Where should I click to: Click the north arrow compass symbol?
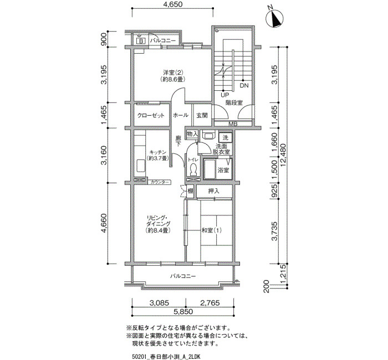(x=274, y=18)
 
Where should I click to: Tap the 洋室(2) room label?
(x=173, y=73)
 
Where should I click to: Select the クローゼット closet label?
(x=151, y=115)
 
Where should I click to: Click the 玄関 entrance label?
(x=202, y=115)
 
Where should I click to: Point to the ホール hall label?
(x=180, y=115)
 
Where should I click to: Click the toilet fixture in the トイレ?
(x=193, y=169)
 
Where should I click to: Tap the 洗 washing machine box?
(x=226, y=137)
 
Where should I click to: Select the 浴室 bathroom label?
(x=223, y=170)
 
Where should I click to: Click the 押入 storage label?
(x=214, y=191)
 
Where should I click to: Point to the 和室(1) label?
(x=212, y=230)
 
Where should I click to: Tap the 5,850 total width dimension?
(x=183, y=311)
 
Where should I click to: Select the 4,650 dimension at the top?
(x=173, y=4)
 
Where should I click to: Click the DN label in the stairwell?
(x=244, y=85)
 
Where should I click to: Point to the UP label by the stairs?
(x=225, y=95)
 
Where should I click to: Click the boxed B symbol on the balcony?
(x=141, y=41)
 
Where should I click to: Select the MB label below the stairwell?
(x=233, y=124)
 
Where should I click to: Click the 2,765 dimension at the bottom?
(x=210, y=302)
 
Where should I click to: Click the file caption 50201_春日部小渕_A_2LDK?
(x=166, y=357)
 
